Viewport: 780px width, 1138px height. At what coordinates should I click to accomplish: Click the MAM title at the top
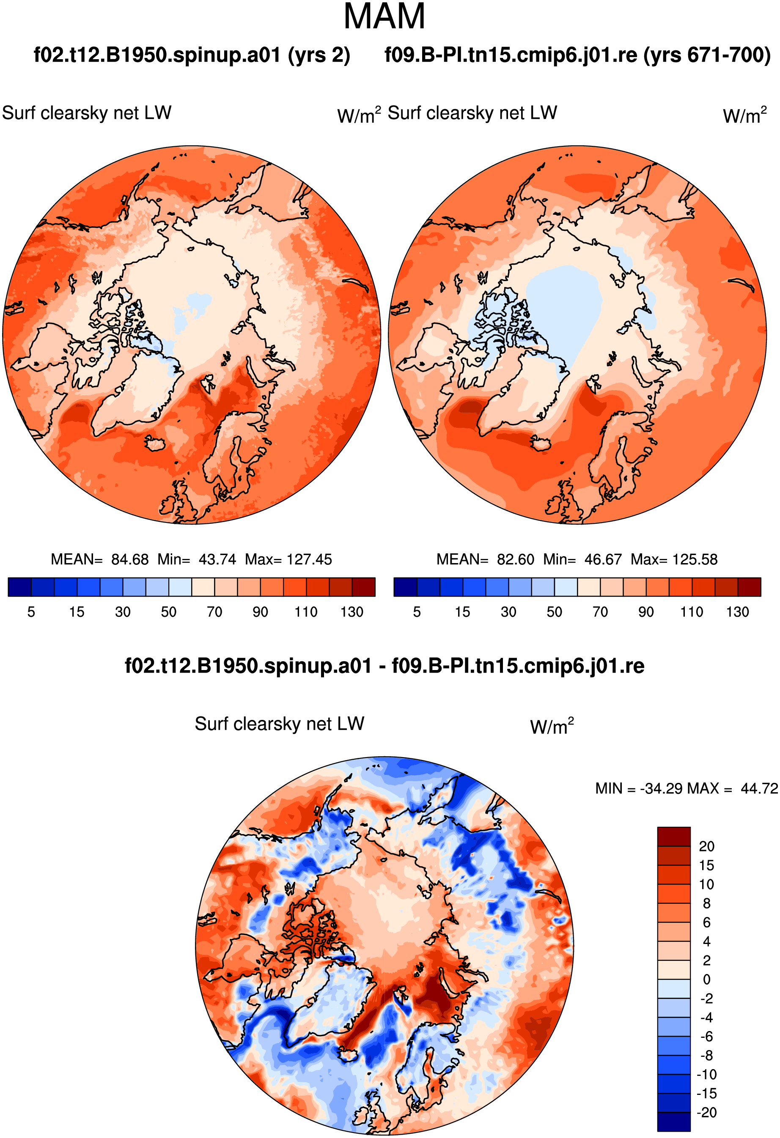point(384,16)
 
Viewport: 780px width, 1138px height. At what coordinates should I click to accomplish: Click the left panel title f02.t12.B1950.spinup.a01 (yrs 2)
point(192,55)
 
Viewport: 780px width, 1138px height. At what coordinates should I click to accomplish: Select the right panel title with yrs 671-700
point(578,55)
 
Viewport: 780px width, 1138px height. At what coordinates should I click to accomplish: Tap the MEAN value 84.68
point(130,559)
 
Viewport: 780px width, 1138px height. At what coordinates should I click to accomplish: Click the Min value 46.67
point(603,559)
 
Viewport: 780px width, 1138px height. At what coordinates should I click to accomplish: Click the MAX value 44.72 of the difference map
point(759,788)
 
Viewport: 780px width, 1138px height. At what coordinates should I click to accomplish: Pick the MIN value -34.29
point(662,788)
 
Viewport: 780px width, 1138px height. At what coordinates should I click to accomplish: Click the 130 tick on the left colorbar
point(352,612)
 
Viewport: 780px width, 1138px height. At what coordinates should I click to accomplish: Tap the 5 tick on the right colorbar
point(417,612)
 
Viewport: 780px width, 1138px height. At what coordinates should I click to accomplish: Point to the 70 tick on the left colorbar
point(214,612)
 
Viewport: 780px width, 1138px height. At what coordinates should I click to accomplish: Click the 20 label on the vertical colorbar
point(706,846)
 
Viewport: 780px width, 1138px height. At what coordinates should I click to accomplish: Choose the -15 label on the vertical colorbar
point(706,1094)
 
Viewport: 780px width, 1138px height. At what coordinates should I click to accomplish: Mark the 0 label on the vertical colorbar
point(706,979)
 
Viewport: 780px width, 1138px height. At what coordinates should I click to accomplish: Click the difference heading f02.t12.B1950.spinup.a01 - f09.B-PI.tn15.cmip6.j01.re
point(385,666)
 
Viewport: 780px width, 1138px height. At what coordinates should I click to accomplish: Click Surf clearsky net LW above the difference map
point(279,724)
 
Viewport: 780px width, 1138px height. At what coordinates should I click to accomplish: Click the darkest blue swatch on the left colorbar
point(20,587)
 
